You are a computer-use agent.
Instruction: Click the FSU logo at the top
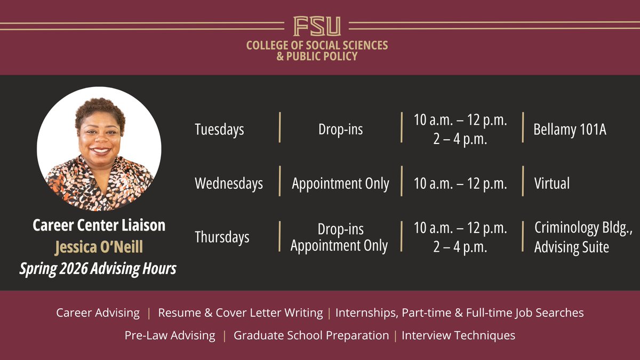click(x=317, y=26)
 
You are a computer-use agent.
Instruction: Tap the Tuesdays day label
click(x=219, y=130)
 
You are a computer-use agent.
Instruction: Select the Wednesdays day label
click(x=229, y=183)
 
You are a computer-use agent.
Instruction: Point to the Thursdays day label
click(x=222, y=237)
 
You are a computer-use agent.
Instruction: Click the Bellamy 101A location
click(x=570, y=130)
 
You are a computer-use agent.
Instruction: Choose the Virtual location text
click(x=551, y=183)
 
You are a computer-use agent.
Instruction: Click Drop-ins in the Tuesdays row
click(x=340, y=130)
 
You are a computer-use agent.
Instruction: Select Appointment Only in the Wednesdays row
click(x=340, y=183)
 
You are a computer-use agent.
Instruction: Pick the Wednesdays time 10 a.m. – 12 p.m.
click(x=460, y=183)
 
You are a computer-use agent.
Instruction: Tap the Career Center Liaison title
click(x=99, y=226)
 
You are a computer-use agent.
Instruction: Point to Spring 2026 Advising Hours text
click(x=98, y=268)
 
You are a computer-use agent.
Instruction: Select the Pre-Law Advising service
click(x=170, y=335)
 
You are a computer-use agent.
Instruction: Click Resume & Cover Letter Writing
click(x=241, y=313)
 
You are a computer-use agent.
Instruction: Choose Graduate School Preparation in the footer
click(x=311, y=335)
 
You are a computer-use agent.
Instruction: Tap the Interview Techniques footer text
click(x=458, y=335)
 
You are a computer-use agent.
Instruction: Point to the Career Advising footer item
click(x=98, y=313)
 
